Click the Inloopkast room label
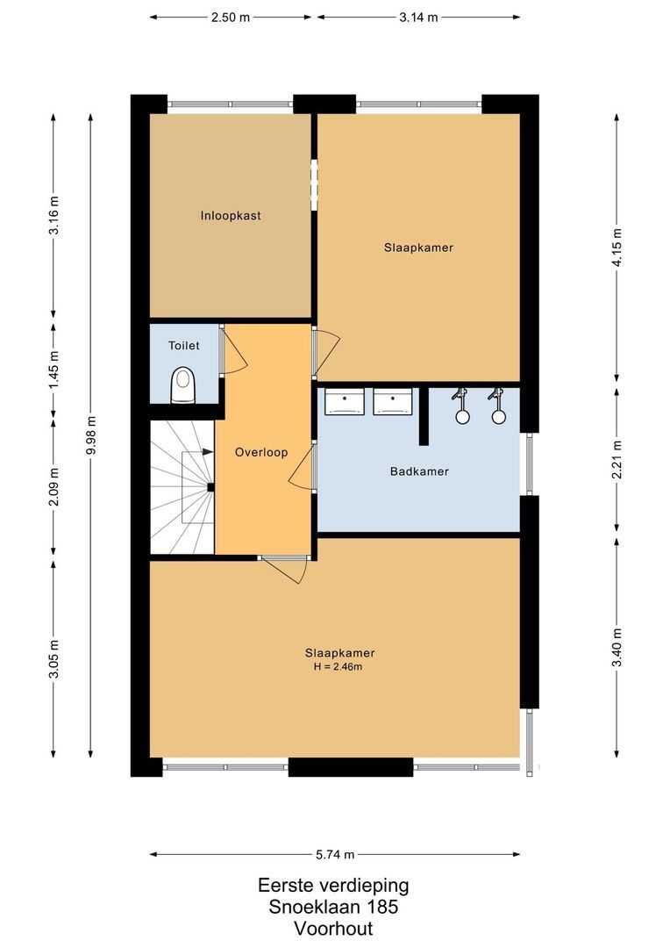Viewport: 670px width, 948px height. click(230, 215)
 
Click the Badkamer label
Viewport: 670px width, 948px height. click(419, 471)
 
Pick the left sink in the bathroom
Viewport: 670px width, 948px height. click(345, 402)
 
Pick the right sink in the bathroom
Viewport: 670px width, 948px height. click(392, 402)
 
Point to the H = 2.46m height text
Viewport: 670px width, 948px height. click(338, 667)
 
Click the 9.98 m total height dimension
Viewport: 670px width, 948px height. click(91, 436)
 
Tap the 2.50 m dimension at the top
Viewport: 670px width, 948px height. click(230, 17)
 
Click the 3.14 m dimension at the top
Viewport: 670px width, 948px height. click(418, 17)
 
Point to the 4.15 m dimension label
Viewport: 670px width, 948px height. click(617, 250)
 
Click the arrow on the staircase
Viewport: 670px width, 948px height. click(207, 452)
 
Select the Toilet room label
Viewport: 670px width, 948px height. click(184, 347)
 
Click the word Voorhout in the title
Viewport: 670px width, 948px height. click(333, 928)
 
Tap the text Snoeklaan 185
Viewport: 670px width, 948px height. click(333, 907)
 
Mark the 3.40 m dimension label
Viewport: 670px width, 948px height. click(617, 648)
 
